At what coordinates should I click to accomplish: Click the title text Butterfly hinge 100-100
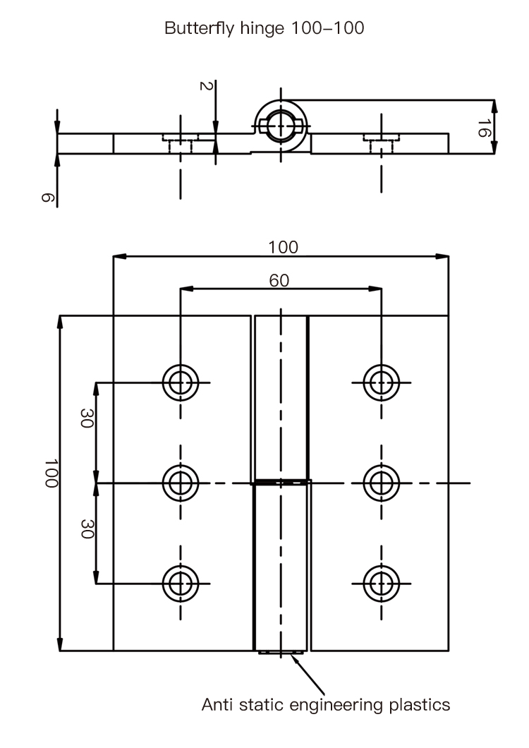click(x=264, y=29)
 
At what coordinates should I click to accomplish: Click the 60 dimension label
click(x=279, y=280)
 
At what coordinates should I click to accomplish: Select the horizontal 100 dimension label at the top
click(x=283, y=247)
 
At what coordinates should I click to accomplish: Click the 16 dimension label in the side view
click(x=483, y=128)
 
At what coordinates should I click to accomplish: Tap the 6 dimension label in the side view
click(x=46, y=198)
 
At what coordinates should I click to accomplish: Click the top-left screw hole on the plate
click(x=181, y=382)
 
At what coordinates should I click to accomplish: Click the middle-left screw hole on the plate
click(x=181, y=483)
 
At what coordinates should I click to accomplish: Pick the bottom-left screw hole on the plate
click(x=181, y=583)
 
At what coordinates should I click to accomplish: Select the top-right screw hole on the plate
click(x=382, y=382)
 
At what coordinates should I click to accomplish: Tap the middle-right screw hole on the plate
click(x=382, y=483)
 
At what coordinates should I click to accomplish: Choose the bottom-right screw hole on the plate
click(x=382, y=583)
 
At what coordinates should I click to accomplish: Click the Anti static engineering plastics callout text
click(x=326, y=704)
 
